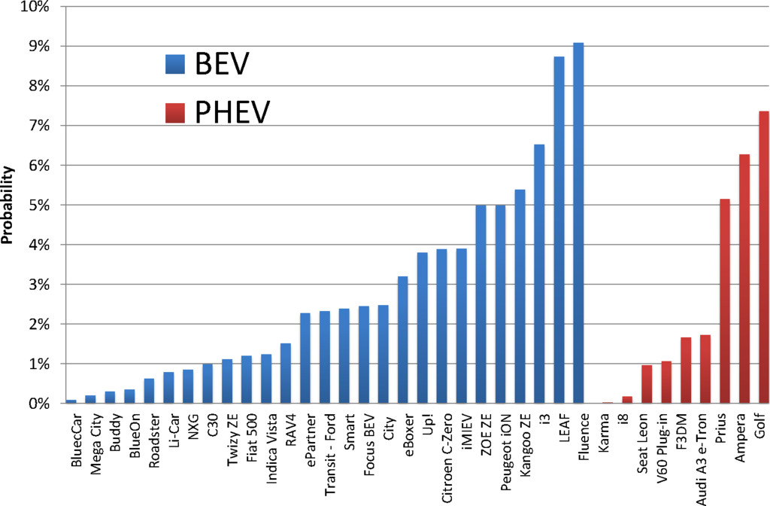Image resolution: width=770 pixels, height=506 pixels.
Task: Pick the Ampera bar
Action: coord(744,279)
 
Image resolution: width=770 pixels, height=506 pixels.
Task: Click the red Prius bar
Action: coord(724,301)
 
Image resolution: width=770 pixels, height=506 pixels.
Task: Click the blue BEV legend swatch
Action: coord(175,65)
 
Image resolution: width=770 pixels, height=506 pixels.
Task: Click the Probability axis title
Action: coord(9,206)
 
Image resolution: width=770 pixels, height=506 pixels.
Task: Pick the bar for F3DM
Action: coord(685,370)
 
